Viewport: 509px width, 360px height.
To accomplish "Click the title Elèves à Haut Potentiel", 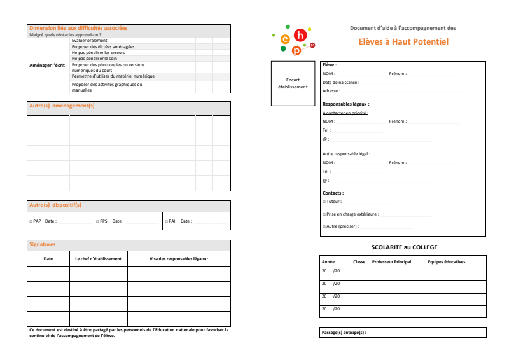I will pos(403,41).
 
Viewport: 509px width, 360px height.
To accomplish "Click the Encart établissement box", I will pos(293,83).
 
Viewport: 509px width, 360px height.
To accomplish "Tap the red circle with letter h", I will pos(302,36).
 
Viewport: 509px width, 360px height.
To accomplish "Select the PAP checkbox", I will pos(31,221).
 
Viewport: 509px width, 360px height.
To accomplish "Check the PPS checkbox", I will pos(97,221).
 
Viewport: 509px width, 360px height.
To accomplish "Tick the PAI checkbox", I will pos(165,221).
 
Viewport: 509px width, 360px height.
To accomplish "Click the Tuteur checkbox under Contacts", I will pos(324,202).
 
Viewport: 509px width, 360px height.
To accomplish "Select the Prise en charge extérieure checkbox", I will pos(324,214).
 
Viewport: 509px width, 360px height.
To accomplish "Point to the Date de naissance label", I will pos(340,83).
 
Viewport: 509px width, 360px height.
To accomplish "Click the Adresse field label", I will pos(331,91).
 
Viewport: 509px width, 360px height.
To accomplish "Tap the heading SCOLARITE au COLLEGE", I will pos(404,247).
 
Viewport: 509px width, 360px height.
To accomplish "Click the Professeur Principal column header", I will pos(391,262).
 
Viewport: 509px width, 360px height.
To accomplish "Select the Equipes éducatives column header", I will pos(447,262).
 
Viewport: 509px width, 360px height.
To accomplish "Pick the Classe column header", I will pos(359,262).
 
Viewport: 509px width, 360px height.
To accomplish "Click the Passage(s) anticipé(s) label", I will pos(344,333).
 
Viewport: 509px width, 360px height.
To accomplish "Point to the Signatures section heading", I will pos(43,244).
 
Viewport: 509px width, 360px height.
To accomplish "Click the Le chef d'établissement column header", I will pos(98,259).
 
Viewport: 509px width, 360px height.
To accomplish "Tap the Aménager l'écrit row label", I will pos(48,65).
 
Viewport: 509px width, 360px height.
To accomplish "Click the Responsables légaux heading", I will pos(345,104).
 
